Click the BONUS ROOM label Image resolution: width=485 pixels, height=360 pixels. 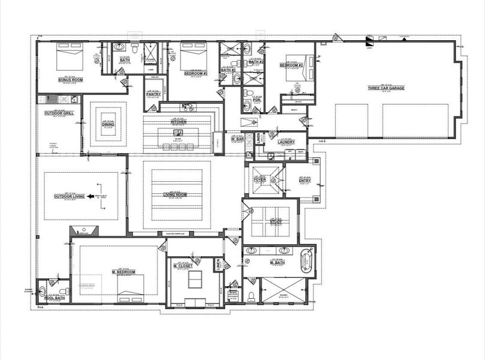click(x=70, y=80)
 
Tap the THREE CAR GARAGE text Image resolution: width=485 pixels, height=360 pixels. click(x=386, y=88)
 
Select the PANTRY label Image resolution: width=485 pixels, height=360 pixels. click(x=153, y=94)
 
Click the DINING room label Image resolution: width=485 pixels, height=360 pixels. click(x=108, y=124)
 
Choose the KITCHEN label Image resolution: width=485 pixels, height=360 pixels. click(x=179, y=122)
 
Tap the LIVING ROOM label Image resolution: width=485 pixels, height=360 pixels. click(x=176, y=194)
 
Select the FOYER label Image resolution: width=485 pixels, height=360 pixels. click(x=260, y=179)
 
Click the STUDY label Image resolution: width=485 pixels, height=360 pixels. click(x=276, y=222)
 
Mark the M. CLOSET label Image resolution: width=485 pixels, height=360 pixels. click(x=183, y=266)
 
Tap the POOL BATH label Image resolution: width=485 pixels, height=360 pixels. click(x=54, y=298)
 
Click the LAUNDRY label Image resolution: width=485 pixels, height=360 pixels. click(x=287, y=142)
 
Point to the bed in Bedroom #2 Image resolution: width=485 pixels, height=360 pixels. click(x=299, y=67)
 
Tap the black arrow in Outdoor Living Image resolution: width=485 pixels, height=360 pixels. click(x=91, y=196)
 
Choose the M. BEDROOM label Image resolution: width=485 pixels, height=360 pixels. click(x=123, y=272)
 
